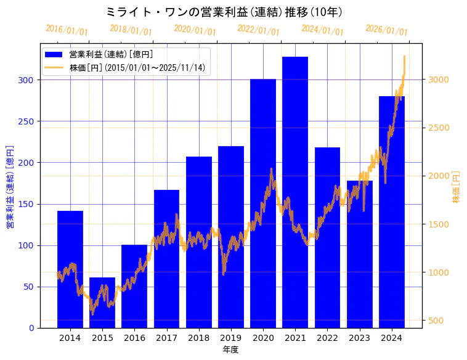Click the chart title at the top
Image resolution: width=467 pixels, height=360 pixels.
(x=224, y=12)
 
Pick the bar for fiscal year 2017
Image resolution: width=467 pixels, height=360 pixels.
(x=166, y=259)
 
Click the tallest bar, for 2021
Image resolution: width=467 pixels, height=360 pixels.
(x=295, y=192)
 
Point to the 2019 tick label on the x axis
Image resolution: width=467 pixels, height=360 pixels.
(x=230, y=338)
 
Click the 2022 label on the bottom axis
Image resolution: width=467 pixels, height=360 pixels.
(x=327, y=338)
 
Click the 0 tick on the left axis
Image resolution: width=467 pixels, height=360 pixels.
(x=31, y=328)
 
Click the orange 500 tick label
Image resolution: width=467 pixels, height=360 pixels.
(x=437, y=321)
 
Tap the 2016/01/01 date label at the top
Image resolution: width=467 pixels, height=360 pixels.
(x=67, y=30)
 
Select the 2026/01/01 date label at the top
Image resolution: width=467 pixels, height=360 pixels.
(x=386, y=30)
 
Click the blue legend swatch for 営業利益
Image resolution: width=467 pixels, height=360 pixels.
(x=54, y=55)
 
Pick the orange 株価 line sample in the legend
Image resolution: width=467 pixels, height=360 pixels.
(x=54, y=67)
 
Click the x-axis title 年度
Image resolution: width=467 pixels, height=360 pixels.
(x=230, y=350)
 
